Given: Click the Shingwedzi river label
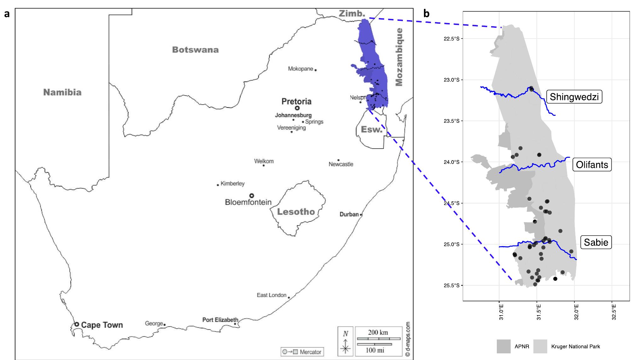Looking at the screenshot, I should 574,97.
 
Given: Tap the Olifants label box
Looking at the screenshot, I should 592,165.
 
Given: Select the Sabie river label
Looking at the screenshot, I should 596,242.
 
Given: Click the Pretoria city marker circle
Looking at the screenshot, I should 297,108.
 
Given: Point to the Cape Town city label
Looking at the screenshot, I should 102,325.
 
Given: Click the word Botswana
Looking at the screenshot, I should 195,50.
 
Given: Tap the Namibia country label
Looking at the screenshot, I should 62,92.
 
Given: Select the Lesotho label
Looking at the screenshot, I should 296,212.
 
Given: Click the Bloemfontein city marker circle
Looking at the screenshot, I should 251,196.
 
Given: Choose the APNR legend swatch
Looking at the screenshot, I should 503,346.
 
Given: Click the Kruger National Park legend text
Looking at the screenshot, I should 575,346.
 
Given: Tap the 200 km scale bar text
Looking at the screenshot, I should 378,332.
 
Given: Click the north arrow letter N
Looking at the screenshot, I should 346,333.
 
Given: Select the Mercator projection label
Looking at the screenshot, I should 310,352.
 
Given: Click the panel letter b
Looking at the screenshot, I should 426,14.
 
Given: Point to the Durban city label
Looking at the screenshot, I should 349,214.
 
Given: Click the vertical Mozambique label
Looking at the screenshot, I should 399,57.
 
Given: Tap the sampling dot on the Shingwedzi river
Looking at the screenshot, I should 531,89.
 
